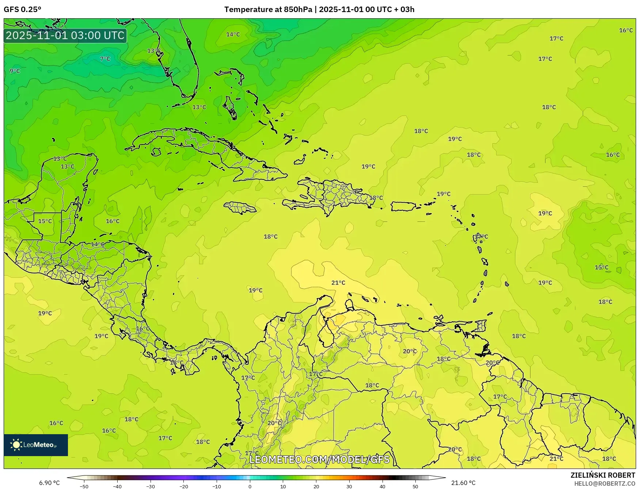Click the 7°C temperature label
click(105, 59)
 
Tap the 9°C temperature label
click(15, 71)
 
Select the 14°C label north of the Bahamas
click(233, 34)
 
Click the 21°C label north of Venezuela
click(338, 283)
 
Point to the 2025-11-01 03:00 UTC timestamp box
click(65, 35)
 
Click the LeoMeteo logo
click(36, 445)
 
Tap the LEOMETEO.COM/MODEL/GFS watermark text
click(319, 459)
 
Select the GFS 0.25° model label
click(22, 10)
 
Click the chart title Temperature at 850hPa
click(268, 10)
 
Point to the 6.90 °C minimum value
click(49, 483)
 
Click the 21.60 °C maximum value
click(463, 483)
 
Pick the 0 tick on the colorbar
click(250, 486)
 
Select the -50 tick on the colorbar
click(84, 486)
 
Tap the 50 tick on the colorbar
click(415, 486)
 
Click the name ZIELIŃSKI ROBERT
click(603, 475)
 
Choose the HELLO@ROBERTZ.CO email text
click(605, 484)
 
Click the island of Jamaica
click(240, 208)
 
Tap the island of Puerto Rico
click(403, 206)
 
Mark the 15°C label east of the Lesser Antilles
click(601, 267)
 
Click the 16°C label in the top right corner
click(625, 30)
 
